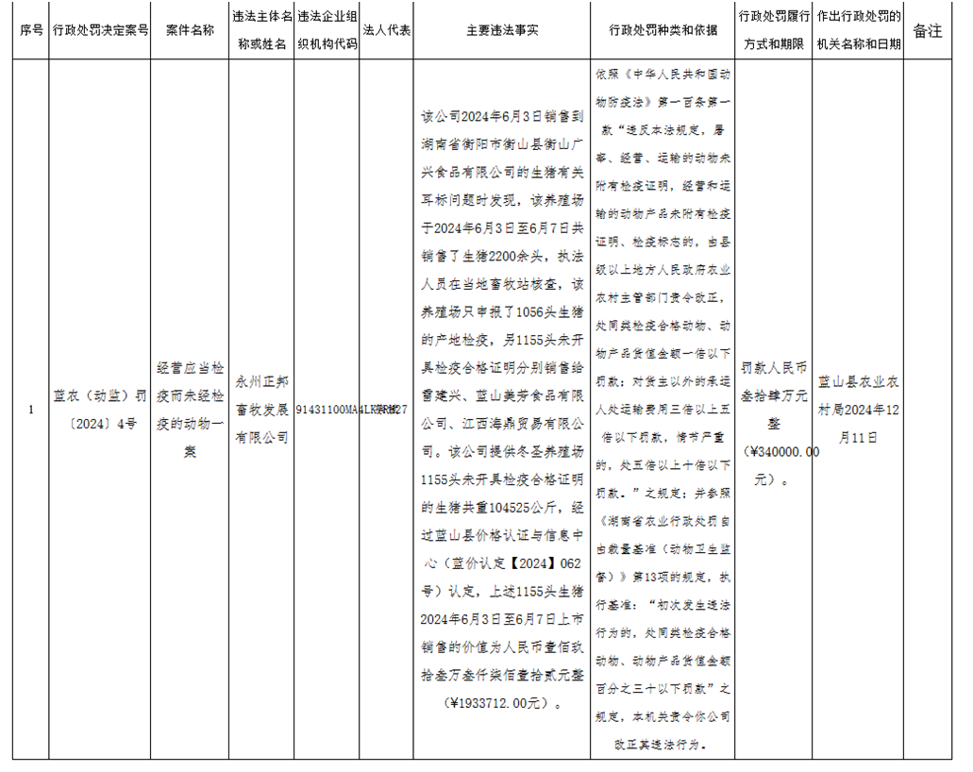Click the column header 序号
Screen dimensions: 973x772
pyautogui.click(x=31, y=30)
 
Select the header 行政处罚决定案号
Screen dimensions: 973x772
pyautogui.click(x=101, y=30)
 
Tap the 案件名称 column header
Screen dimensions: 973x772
pyautogui.click(x=190, y=30)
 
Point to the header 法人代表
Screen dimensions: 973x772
pyautogui.click(x=386, y=30)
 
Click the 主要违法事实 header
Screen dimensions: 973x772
pyautogui.click(x=502, y=30)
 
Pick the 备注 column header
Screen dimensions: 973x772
pyautogui.click(x=928, y=30)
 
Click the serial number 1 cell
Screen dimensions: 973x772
pyautogui.click(x=31, y=410)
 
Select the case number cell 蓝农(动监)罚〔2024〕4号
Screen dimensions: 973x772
pyautogui.click(x=101, y=410)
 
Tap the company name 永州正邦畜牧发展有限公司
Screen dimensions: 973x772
pyautogui.click(x=261, y=410)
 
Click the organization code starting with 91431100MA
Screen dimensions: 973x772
pyautogui.click(x=327, y=410)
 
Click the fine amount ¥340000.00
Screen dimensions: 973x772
pyautogui.click(x=780, y=453)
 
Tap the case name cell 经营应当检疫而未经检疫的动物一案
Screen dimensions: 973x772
pyautogui.click(x=190, y=410)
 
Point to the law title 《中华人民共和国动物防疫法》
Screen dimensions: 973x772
pyautogui.click(x=662, y=83)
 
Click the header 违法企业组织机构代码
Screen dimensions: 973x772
pyautogui.click(x=327, y=30)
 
